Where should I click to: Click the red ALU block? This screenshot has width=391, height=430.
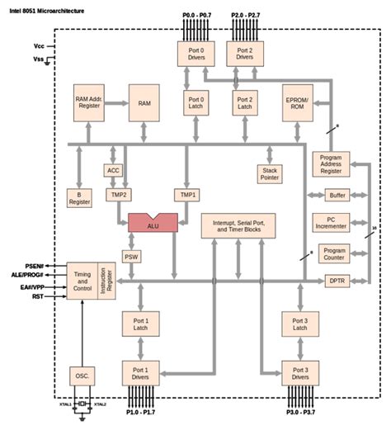[153, 223]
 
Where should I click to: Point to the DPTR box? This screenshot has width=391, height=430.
[336, 281]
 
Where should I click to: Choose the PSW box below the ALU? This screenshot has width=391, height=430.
[132, 258]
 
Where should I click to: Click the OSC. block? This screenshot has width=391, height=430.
[80, 375]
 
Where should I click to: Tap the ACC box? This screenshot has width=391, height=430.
[114, 170]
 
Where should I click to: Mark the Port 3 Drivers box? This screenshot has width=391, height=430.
[299, 373]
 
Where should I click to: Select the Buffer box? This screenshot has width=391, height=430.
[336, 195]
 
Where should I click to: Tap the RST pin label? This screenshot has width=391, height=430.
[37, 295]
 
